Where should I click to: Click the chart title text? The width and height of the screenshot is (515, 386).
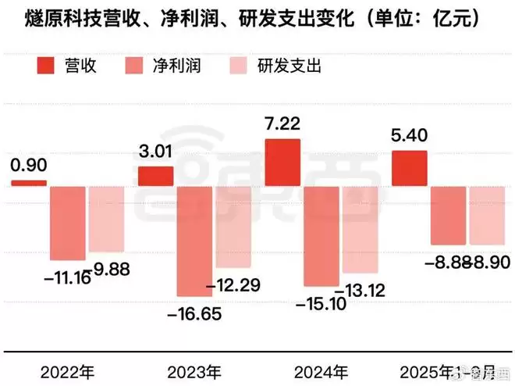point(247,16)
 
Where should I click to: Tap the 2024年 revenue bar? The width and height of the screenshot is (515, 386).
point(282,163)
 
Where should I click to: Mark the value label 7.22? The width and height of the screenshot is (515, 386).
point(282,124)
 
